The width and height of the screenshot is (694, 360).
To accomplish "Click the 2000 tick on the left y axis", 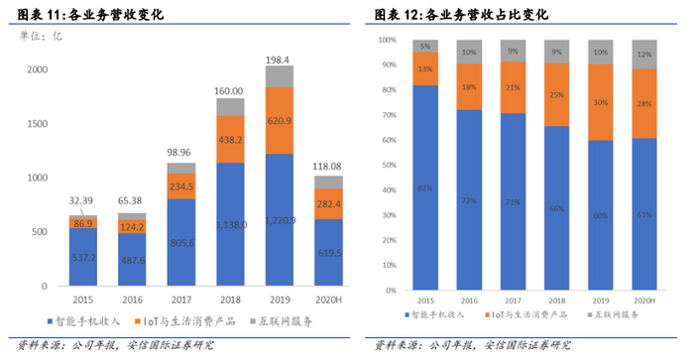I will coord(37,69).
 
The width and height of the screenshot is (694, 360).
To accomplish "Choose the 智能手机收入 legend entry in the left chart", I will coord(92,320).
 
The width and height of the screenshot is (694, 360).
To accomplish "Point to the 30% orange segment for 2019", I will coord(600,102).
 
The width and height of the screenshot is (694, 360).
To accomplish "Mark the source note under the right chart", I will coord(473,345).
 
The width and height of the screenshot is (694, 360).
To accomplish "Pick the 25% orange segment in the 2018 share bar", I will coord(556,95).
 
